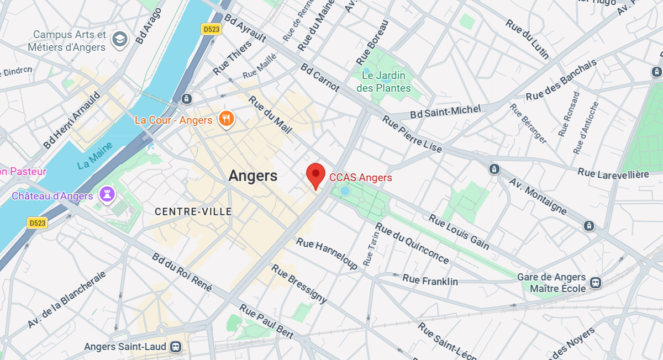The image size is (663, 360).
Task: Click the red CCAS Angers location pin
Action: coord(315,174)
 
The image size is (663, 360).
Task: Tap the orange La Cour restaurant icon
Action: coord(226,119)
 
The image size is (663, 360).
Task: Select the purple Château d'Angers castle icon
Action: coord(107,194)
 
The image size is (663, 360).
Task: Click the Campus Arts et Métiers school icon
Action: coord(119,39)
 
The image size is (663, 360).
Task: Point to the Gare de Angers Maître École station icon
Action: coord(596,282)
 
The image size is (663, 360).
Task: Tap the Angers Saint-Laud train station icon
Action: coord(176,347)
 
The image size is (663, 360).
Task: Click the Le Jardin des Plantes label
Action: coord(383,81)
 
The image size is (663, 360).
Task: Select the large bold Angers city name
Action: coord(252,176)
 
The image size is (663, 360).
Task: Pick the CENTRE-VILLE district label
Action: coord(193,211)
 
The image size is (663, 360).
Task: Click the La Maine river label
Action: coord(95,156)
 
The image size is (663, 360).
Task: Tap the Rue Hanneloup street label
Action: coord(327,253)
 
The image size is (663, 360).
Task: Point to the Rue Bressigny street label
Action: coord(299,284)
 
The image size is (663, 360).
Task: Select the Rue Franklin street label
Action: coord(430,280)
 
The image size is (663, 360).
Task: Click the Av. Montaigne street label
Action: coord(538,197)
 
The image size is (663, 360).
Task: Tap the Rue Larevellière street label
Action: coord(613,173)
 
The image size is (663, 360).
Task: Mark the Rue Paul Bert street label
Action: coord(266,321)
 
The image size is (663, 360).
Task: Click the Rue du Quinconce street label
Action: coord(412,243)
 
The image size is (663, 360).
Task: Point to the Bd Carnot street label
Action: coord(320,77)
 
